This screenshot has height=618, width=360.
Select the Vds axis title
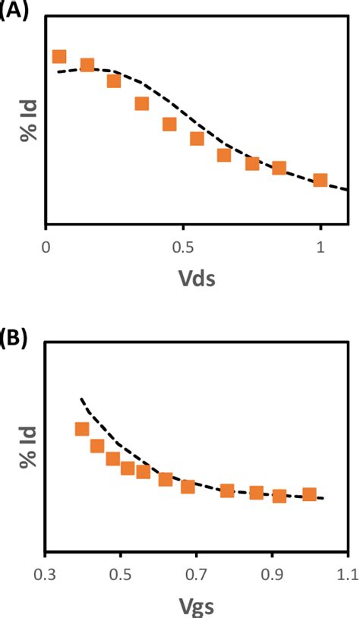tap(197, 279)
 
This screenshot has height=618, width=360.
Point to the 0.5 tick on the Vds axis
tap(184, 247)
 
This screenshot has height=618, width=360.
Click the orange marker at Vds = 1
tap(321, 180)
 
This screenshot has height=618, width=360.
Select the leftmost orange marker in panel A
tap(59, 57)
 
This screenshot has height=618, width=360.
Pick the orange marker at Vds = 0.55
tap(197, 139)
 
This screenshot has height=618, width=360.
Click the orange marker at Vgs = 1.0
tap(309, 494)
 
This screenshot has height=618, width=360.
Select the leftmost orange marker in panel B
tap(82, 429)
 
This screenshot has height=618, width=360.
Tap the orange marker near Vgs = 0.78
tap(226, 490)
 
